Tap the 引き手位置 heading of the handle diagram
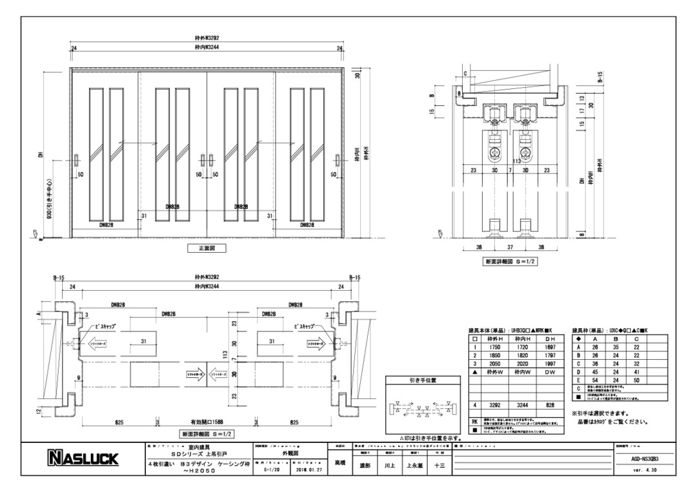(x=423, y=380)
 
